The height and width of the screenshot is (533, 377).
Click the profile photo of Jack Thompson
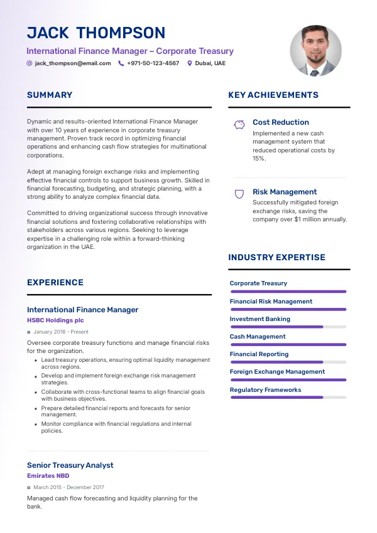(x=315, y=51)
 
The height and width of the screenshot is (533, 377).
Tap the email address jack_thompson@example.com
(x=73, y=63)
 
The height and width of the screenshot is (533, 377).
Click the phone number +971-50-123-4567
(x=153, y=63)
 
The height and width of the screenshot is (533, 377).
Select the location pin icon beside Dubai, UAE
(x=190, y=63)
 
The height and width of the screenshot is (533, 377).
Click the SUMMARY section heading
(x=50, y=95)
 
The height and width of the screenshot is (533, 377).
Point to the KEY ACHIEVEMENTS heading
(x=273, y=95)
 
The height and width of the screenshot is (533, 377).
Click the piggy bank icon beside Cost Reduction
(x=239, y=124)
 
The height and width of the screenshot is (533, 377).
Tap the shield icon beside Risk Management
(x=239, y=194)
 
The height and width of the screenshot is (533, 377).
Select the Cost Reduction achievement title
(x=281, y=122)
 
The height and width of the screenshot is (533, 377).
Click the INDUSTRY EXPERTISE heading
(x=276, y=257)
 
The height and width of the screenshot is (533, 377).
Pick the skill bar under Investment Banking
(x=288, y=327)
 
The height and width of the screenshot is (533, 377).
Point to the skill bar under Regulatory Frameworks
(x=288, y=398)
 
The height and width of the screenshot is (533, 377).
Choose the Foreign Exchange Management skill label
(x=277, y=372)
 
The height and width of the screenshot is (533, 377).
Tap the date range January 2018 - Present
(x=61, y=332)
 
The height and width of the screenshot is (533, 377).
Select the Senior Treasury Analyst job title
(x=70, y=465)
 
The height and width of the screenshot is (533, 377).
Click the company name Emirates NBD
(x=48, y=476)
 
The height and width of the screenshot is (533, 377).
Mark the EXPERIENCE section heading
(x=55, y=283)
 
